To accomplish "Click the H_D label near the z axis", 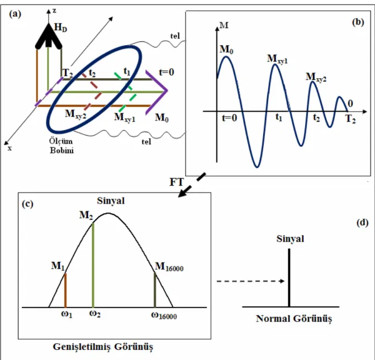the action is (61, 28).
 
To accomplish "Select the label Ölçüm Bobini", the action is (61, 146).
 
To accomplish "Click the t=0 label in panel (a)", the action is (167, 72).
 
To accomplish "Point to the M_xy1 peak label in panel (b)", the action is (277, 59).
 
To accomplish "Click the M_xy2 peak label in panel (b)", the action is (316, 77).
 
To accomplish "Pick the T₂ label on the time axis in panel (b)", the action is (350, 119).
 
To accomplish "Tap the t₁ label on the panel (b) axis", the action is (279, 117).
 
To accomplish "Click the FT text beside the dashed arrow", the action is (177, 183).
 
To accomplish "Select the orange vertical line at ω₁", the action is (65, 290).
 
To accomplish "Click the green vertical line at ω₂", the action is (93, 265).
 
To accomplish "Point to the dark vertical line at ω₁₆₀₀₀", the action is (155, 290).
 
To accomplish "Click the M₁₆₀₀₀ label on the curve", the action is (169, 267).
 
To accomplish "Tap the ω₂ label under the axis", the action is (95, 314).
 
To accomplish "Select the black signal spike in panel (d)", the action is (289, 277).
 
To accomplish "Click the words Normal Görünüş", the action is (294, 319).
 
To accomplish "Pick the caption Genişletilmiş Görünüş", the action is (103, 347).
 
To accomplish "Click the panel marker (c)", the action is (27, 204).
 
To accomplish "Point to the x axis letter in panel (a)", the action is (10, 148).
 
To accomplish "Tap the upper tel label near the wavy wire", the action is (175, 36).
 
